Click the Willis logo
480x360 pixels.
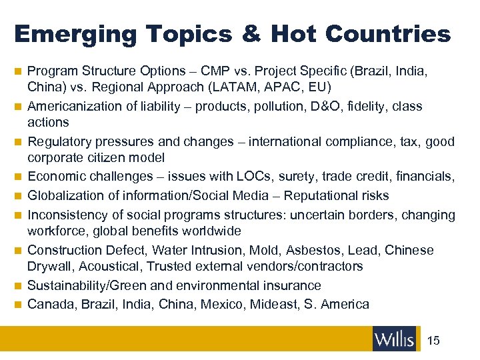click(394, 339)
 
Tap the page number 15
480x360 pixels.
click(433, 341)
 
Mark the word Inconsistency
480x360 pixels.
click(67, 215)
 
